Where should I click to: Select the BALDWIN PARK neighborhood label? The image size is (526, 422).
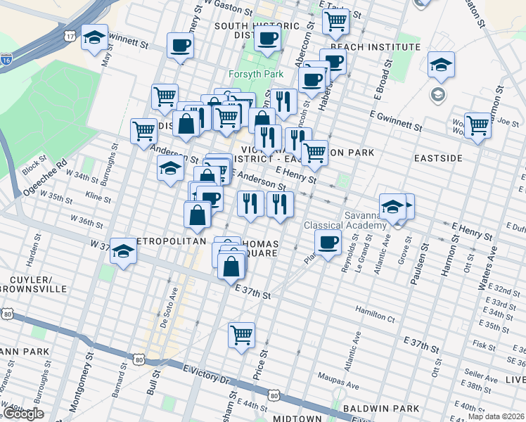point(381,409)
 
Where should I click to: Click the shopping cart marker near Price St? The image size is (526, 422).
point(241,335)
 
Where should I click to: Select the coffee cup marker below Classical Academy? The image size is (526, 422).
point(327,244)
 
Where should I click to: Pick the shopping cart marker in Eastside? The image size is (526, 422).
point(477,125)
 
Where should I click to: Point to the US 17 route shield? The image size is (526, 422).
point(68,34)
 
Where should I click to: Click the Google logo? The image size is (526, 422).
point(23,413)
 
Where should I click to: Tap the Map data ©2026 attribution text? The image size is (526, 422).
point(496,416)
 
